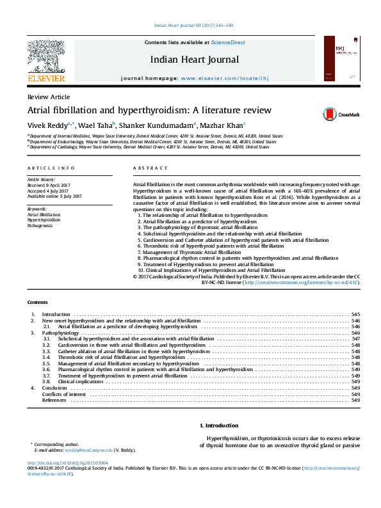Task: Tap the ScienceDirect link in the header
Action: (x=229, y=42)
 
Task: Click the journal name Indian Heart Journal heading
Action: (x=195, y=60)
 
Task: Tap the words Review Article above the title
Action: (x=49, y=96)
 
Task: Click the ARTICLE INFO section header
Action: (x=51, y=168)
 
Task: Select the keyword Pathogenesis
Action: (x=40, y=226)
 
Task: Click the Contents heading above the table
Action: (x=37, y=302)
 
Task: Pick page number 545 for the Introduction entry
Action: (x=355, y=315)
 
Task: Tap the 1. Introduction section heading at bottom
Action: (x=219, y=425)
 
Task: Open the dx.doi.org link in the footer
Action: (x=67, y=462)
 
